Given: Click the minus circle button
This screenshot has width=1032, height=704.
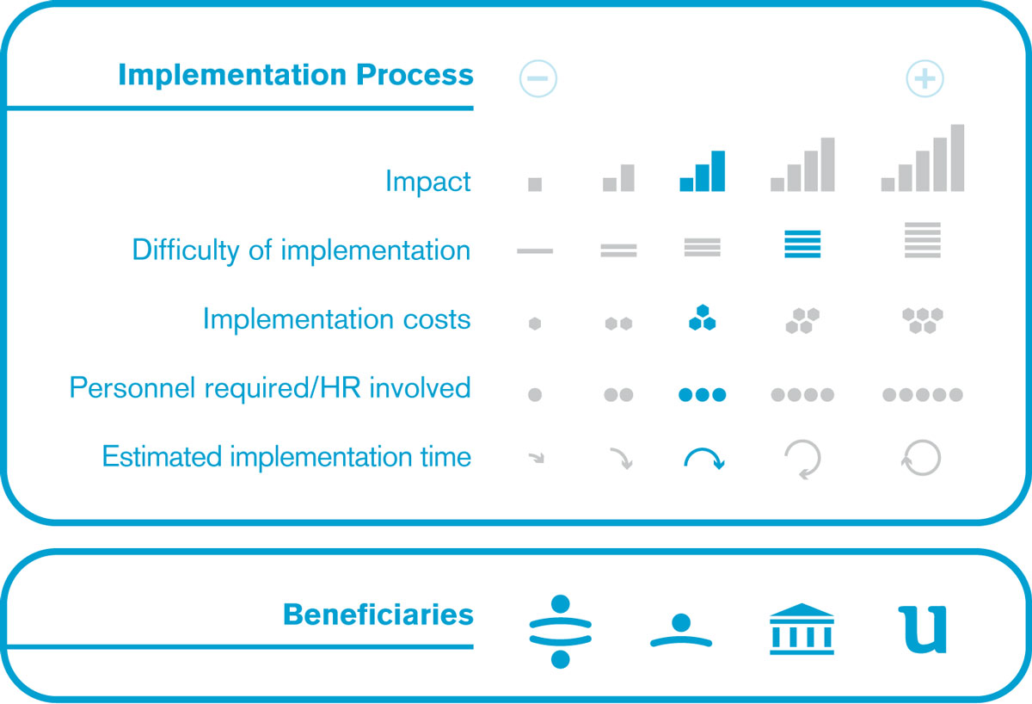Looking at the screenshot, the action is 537,78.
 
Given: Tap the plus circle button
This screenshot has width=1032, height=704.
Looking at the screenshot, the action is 924,78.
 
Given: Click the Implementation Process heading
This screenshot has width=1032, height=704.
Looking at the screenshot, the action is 296,75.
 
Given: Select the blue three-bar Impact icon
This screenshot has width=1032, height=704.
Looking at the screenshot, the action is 702,171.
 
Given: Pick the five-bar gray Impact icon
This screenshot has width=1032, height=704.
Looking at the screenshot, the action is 922,157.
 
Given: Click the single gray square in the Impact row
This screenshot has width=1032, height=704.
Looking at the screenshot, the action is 535,184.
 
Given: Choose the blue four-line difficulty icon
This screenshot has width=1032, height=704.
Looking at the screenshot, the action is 802,244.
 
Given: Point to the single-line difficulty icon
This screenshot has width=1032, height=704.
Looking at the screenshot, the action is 535,250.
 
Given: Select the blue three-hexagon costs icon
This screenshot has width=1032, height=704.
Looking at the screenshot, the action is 702,318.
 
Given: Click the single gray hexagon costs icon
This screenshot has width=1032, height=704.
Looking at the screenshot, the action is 535,324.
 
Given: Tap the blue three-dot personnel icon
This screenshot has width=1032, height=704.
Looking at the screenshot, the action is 702,395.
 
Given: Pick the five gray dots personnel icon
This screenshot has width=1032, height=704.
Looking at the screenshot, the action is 922,395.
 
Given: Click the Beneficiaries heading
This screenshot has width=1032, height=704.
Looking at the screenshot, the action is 378,614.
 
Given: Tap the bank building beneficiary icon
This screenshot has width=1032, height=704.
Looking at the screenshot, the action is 802,629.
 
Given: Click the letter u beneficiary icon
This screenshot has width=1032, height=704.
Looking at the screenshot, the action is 922,630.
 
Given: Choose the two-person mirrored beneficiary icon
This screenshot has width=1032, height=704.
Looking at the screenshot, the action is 560,631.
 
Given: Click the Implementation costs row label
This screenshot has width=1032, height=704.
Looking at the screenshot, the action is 337,319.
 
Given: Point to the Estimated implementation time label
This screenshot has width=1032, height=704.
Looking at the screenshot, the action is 286,457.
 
